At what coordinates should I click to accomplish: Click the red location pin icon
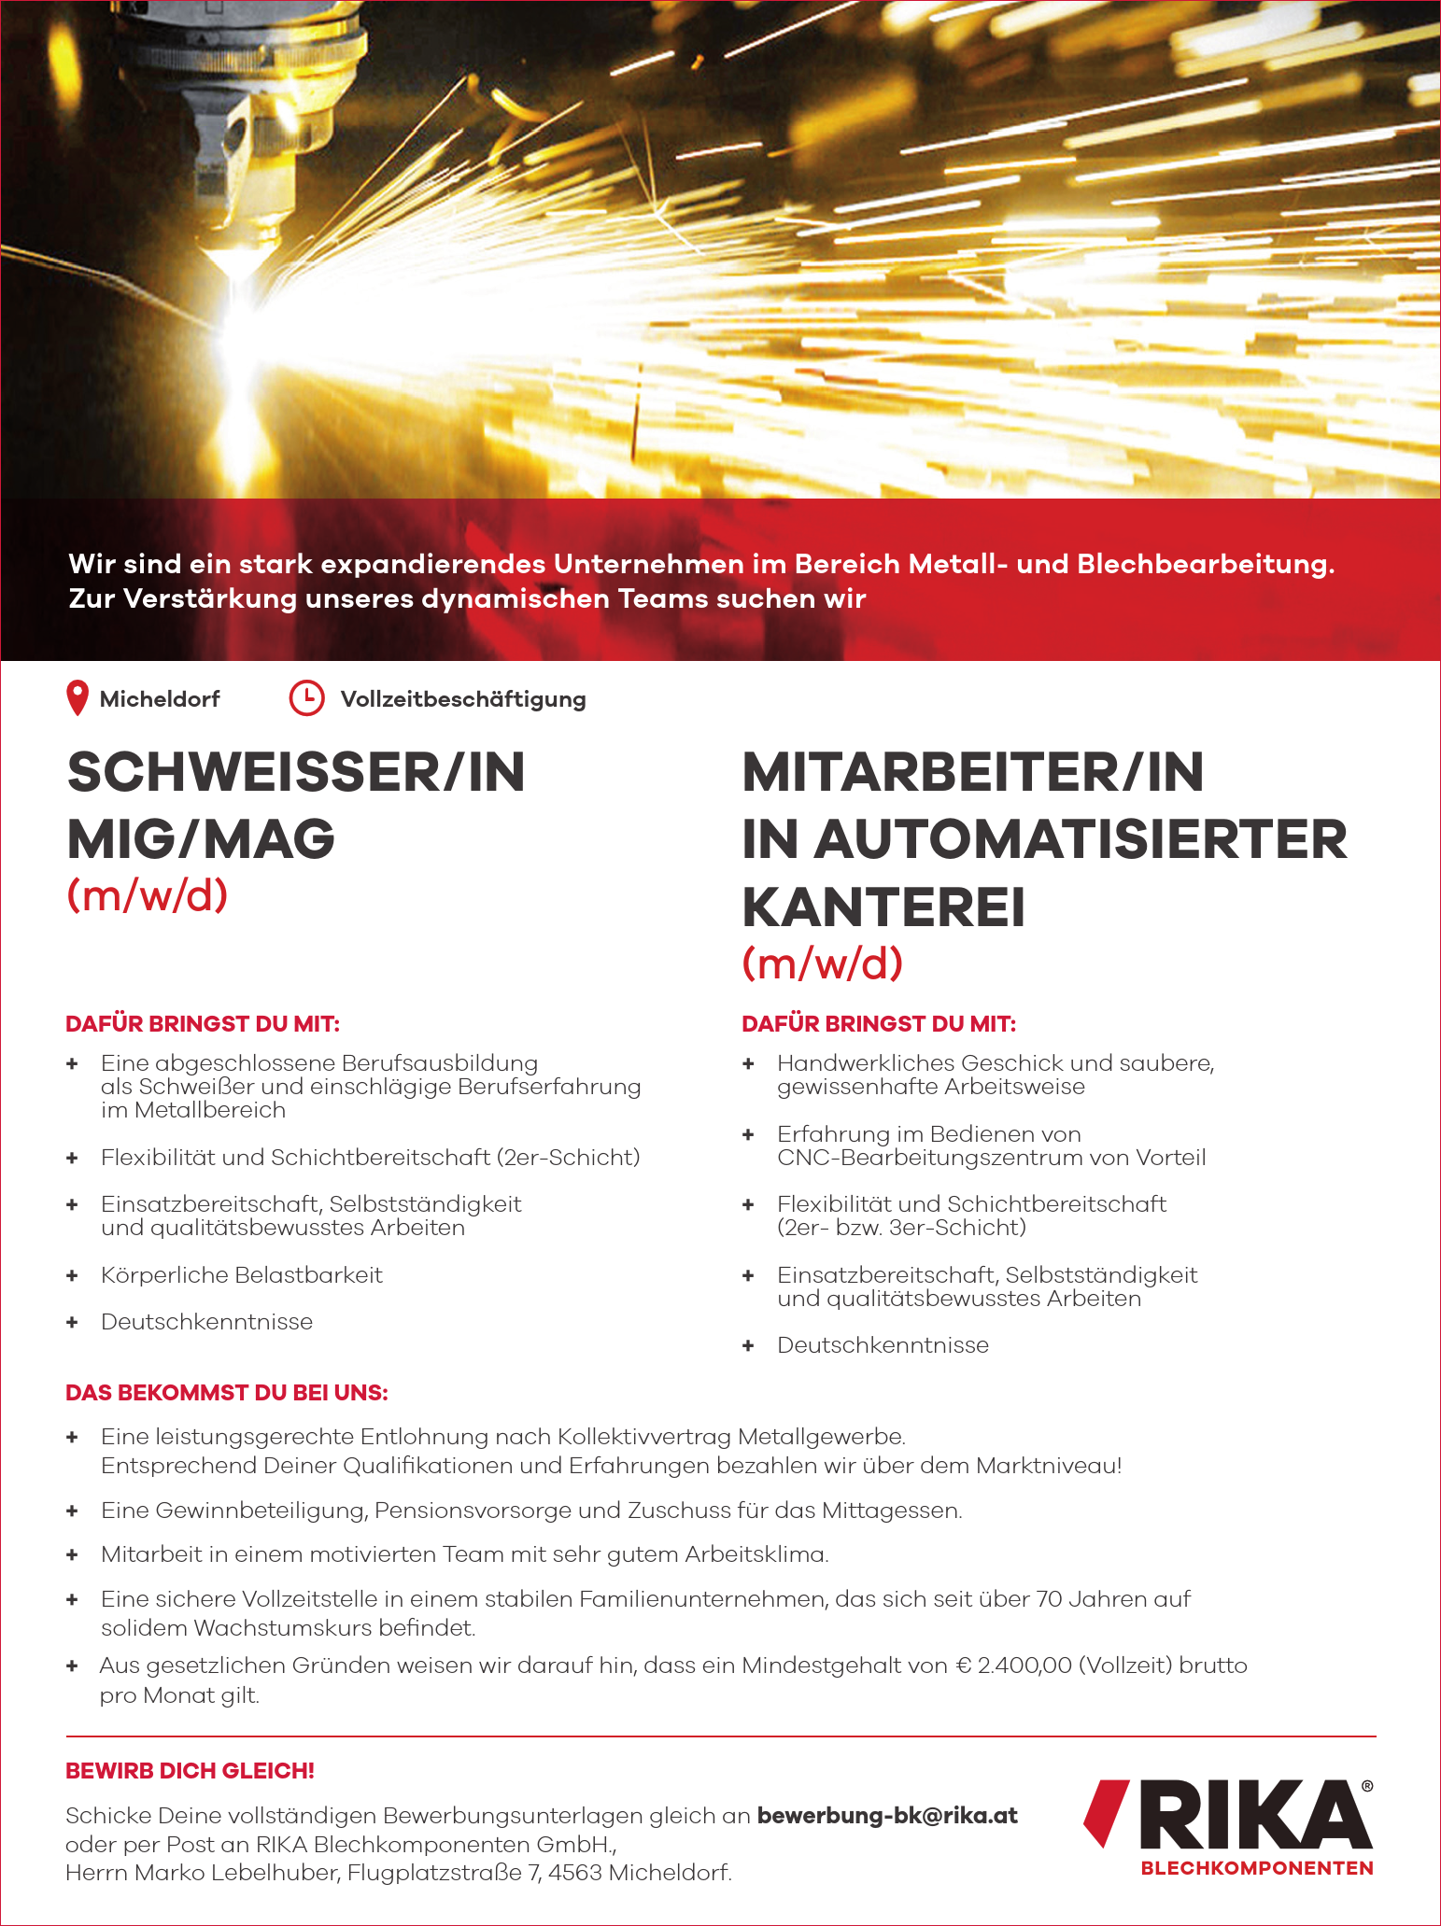(78, 698)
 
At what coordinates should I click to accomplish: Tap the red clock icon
(306, 698)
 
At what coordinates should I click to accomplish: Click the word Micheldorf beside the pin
(160, 699)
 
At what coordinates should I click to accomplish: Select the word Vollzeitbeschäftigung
(463, 699)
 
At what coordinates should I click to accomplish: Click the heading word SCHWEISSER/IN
(296, 773)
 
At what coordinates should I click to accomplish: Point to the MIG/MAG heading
(201, 839)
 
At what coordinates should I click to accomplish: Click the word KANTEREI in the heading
(883, 907)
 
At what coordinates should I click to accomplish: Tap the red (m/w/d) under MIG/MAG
(148, 895)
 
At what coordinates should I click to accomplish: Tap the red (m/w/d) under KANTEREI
(823, 963)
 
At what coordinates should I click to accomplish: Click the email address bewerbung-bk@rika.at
(887, 1816)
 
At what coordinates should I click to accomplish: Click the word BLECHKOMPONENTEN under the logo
(1257, 1868)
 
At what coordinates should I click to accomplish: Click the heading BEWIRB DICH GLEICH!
(190, 1770)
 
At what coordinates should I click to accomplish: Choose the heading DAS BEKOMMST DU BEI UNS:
(226, 1393)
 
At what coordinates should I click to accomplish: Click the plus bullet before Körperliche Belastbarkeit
(72, 1275)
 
